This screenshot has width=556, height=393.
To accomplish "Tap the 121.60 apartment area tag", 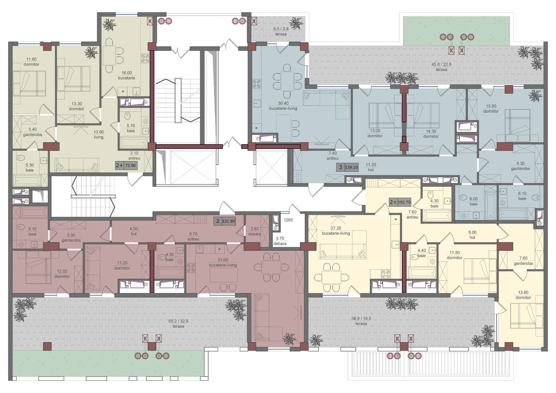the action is coord(225,221).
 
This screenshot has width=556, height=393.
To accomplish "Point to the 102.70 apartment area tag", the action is coord(400,202).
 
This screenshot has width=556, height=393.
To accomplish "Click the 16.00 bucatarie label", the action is coord(126,75).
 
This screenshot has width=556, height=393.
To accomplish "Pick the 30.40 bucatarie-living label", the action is coord(283,106).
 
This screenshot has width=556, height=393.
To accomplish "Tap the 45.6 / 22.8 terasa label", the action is coord(441,67).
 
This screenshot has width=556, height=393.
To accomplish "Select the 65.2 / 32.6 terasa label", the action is coord(178,324).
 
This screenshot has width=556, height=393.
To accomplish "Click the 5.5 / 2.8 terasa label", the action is coord(281,32).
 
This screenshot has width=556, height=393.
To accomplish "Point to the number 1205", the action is coord(288,220).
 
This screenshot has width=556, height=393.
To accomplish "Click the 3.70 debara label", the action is coord(280,241).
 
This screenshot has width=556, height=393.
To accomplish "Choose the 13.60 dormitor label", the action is coord(523,295).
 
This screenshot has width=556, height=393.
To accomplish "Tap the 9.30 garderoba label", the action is coord(520,166).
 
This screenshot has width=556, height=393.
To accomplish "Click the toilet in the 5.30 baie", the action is coord(20,158).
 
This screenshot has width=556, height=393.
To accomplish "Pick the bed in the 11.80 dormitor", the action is coord(29,83).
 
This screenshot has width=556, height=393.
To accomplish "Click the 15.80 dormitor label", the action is coord(491,109).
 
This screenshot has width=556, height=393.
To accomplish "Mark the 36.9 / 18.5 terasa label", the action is coord(361,321).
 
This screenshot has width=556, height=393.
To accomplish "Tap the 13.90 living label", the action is coord(99,134).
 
